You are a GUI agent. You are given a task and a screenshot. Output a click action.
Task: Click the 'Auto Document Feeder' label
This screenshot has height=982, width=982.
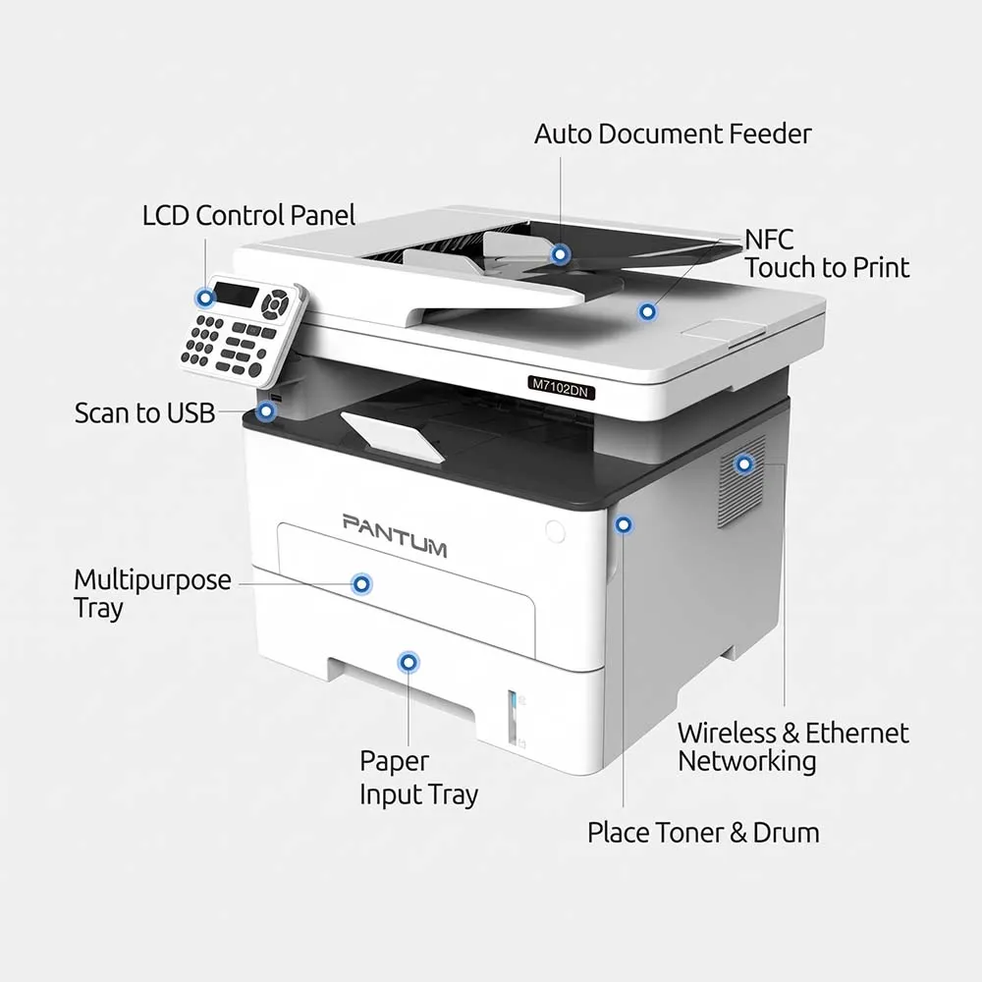673,134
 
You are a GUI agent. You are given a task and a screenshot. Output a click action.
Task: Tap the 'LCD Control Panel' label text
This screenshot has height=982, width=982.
248,215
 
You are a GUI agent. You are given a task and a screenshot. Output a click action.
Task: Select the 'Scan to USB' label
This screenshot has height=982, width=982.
144,413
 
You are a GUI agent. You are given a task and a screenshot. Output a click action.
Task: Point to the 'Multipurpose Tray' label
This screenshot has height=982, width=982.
152,594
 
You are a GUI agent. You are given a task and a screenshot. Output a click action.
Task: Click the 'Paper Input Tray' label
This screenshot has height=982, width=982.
418,778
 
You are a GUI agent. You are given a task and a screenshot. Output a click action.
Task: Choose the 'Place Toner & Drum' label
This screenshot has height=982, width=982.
703,833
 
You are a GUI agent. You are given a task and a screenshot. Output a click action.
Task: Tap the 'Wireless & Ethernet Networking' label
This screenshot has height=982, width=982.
792,747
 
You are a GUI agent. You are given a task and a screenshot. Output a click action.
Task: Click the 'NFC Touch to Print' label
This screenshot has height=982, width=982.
827,253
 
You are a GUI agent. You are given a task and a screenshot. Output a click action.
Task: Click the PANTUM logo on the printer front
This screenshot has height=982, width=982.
395,535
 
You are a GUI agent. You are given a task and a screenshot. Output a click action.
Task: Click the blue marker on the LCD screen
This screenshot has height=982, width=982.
205,299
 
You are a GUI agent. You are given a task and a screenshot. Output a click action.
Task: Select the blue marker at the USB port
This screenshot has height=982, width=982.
267,411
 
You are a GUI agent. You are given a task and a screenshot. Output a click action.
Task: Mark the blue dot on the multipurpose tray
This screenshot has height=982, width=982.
361,584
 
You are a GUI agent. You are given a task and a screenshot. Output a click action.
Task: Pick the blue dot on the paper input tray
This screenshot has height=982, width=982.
409,662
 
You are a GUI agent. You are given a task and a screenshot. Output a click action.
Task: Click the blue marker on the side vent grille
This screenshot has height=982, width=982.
744,464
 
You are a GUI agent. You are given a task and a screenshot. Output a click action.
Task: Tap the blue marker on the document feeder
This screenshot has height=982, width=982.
560,254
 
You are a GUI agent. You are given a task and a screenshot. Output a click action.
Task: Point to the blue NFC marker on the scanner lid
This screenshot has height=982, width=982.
647,311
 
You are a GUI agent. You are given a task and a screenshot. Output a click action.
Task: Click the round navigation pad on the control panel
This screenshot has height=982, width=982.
275,303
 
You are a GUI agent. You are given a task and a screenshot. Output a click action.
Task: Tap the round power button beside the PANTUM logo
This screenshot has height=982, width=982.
555,531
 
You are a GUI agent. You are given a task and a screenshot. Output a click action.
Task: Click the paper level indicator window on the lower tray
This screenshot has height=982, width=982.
512,717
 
